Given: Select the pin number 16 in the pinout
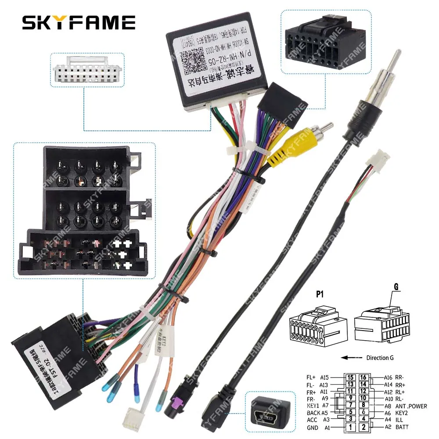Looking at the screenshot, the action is pos(363,377).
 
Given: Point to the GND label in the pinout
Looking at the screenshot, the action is pos(313,427).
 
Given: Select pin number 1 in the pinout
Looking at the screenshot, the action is pos(350,427).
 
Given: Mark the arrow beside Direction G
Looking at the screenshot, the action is pos(349,357).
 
